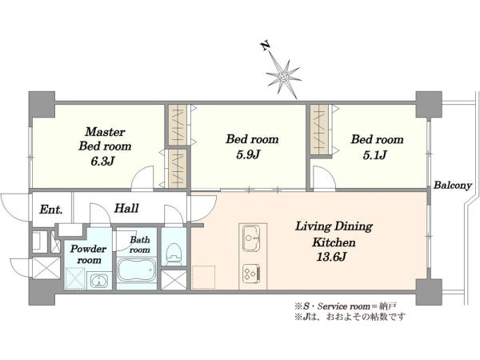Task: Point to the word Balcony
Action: click(453, 186)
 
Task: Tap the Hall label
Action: click(126, 209)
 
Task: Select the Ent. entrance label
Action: click(50, 210)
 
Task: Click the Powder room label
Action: click(88, 254)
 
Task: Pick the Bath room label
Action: click(140, 245)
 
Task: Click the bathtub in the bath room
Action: click(138, 272)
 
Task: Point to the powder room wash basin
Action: click(98, 282)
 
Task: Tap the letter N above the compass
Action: click(265, 47)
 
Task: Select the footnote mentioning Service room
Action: click(345, 305)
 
